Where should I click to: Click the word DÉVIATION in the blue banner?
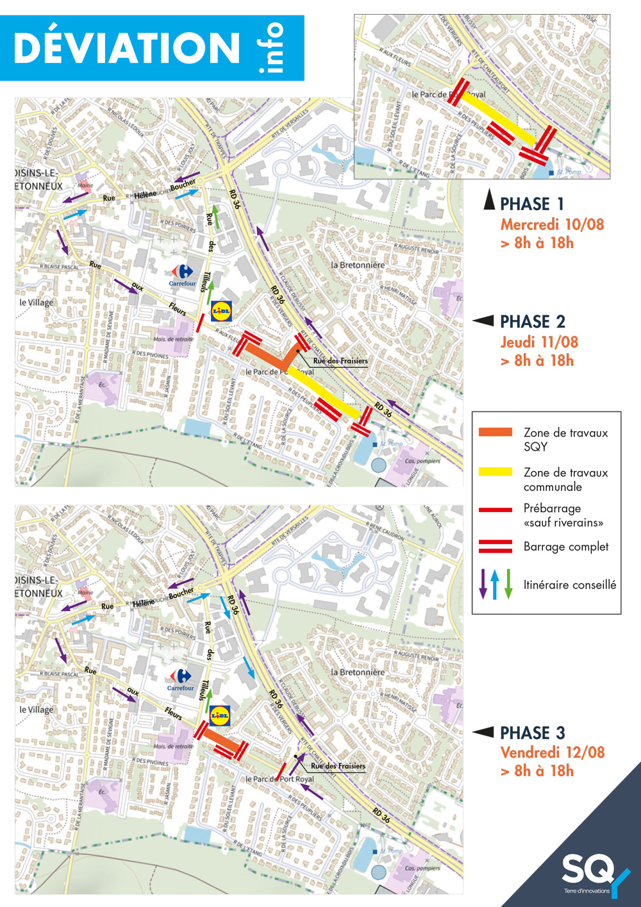pos(126,48)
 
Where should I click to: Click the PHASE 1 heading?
pos(531,204)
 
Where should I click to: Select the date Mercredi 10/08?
pos(552,224)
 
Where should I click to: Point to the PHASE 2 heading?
pos(532,321)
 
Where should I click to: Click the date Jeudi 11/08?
pos(539,342)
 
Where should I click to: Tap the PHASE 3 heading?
pos(532,733)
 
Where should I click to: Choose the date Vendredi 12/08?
pos(553,752)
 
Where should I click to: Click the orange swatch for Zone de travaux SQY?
pos(495,432)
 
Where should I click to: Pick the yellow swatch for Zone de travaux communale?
pos(495,472)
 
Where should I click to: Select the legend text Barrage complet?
pos(565,547)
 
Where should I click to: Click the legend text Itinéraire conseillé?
pos(569,585)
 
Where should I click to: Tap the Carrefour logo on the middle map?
pos(183,274)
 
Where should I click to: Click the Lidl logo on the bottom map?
pos(219,715)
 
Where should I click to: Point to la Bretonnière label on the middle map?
pos(358,265)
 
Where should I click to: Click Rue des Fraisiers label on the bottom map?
pos(338,765)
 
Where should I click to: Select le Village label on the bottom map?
pos(37,710)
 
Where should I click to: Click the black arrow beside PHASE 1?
pos(489,201)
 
